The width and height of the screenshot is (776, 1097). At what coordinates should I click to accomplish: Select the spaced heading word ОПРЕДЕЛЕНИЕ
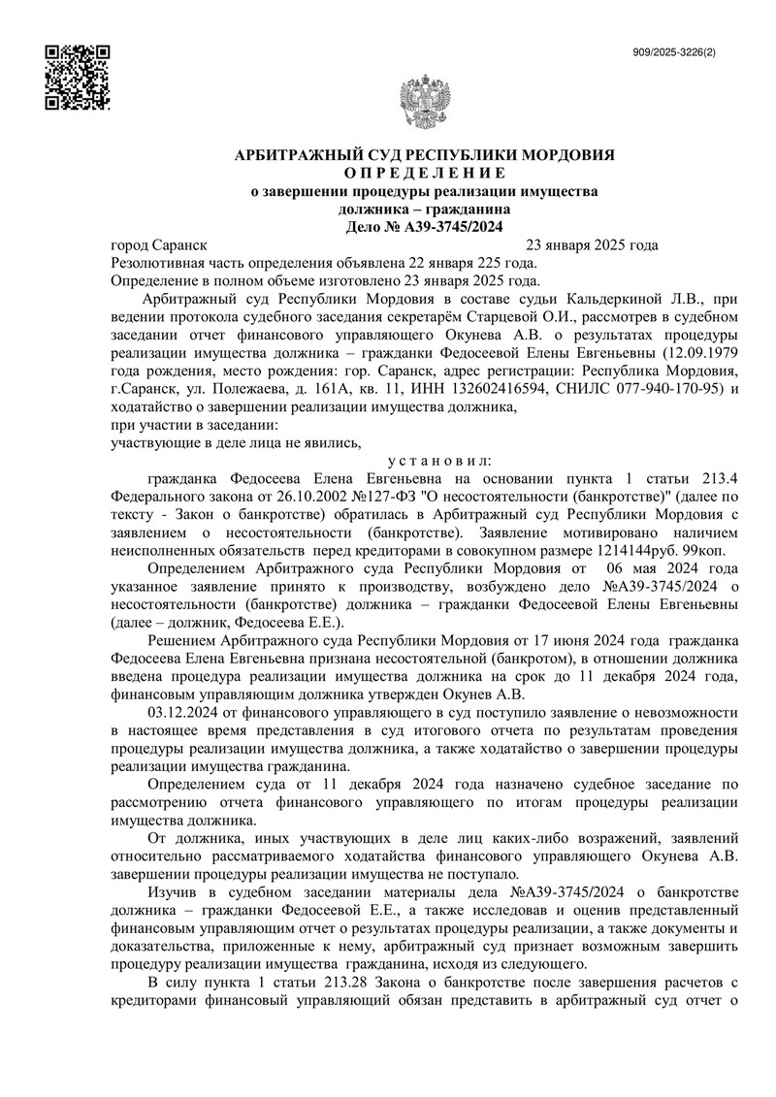(x=420, y=173)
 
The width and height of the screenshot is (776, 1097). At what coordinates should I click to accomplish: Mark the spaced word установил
(x=438, y=460)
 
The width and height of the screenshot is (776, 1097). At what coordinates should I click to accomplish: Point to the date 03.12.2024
(x=183, y=713)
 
